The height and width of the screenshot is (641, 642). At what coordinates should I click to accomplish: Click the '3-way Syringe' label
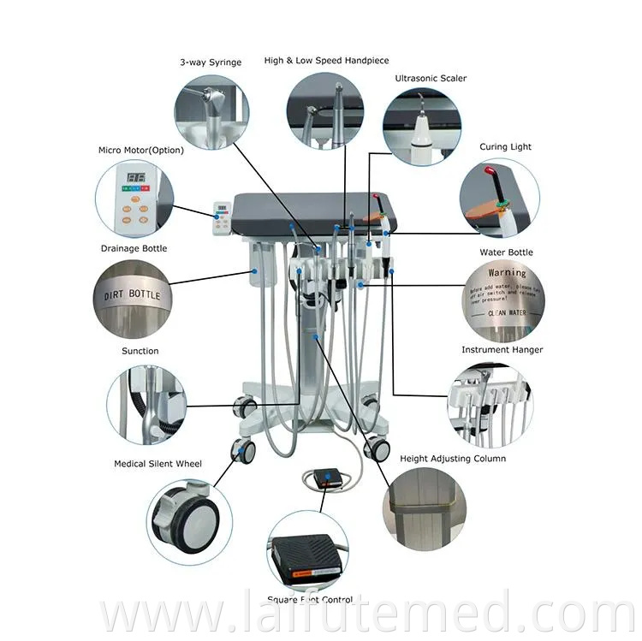coord(211,62)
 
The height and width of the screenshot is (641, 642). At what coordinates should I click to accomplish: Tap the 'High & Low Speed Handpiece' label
coord(326,61)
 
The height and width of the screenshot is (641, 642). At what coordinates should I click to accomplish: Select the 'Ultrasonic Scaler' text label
coord(431,78)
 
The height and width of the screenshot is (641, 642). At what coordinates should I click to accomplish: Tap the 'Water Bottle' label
coord(506,252)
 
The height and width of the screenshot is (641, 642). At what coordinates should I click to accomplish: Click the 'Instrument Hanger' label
coord(502,350)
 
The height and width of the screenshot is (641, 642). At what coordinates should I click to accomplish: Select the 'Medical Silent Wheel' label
coord(158,464)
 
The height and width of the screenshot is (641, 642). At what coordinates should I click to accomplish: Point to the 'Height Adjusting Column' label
coord(453,459)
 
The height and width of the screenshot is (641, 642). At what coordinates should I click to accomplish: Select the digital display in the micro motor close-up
coord(134,179)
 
